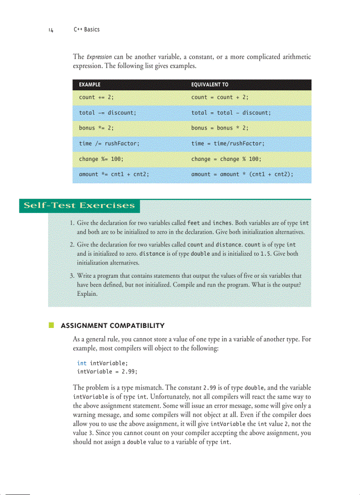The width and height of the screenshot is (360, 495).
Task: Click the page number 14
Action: (x=51, y=30)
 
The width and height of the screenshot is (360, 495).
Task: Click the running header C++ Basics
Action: (x=86, y=30)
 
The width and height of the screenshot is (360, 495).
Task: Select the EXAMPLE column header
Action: (x=90, y=84)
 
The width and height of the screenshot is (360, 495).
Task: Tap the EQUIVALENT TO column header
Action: (x=210, y=84)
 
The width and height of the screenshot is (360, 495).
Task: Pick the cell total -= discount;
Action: (x=107, y=113)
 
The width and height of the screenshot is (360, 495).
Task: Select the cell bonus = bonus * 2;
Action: (x=220, y=128)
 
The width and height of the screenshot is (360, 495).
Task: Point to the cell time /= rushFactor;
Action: (x=109, y=144)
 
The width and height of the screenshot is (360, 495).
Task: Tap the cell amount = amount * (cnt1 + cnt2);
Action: (x=242, y=175)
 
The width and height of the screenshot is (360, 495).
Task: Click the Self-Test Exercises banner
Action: (x=79, y=206)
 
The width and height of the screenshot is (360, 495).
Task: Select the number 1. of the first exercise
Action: (x=72, y=223)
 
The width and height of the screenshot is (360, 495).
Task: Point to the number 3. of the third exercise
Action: (x=72, y=276)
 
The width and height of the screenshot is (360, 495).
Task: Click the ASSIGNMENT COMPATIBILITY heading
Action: (x=112, y=326)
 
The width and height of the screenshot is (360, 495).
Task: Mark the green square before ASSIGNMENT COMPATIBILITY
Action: (x=52, y=326)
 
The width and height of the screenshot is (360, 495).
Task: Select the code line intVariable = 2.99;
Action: (x=107, y=372)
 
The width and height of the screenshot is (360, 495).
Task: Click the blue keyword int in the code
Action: (x=82, y=363)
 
